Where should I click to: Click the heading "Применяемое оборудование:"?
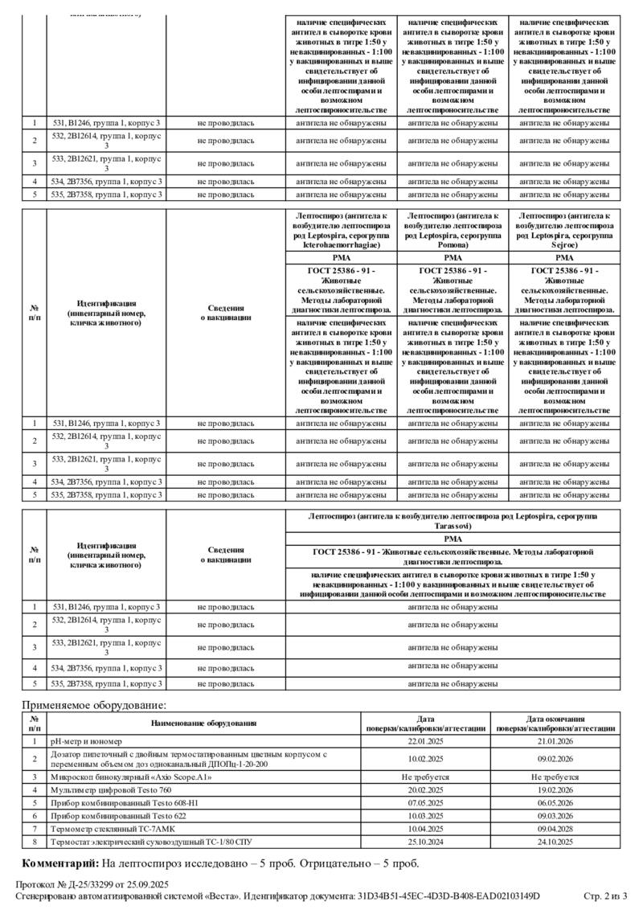point(94,705)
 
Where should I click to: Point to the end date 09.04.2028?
point(555,829)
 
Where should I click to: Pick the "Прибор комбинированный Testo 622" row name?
point(117,816)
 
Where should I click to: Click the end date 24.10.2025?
point(555,842)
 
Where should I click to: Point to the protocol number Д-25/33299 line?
point(92,884)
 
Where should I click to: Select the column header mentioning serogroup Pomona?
point(453,230)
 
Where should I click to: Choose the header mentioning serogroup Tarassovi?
point(453,519)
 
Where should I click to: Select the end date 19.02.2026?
point(555,790)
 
